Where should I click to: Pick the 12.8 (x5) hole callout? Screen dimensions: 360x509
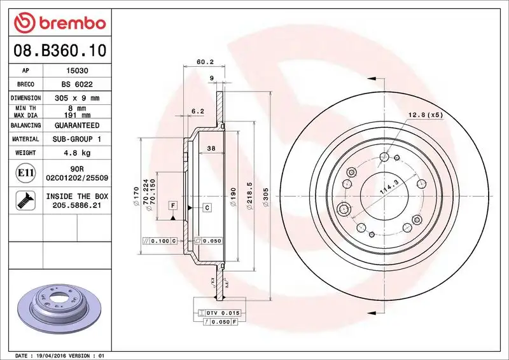click(425, 115)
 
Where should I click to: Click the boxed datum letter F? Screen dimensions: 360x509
click(172, 205)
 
